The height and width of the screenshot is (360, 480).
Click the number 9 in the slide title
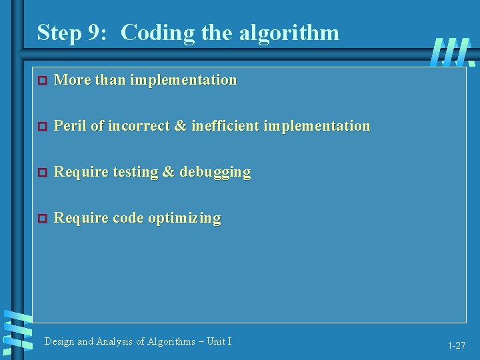click(x=98, y=32)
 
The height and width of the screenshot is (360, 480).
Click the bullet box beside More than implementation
click(x=41, y=81)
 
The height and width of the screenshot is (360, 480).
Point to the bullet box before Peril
click(x=41, y=126)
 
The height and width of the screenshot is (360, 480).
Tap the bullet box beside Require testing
click(x=41, y=173)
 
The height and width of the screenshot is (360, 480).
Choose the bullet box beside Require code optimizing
click(x=41, y=219)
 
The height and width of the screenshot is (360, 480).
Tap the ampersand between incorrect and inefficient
click(x=180, y=125)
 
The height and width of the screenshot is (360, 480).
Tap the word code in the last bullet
click(x=128, y=218)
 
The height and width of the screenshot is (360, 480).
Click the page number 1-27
click(x=457, y=345)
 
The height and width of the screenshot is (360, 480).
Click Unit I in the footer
click(x=219, y=341)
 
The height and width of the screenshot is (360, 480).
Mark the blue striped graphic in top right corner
click(x=453, y=52)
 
